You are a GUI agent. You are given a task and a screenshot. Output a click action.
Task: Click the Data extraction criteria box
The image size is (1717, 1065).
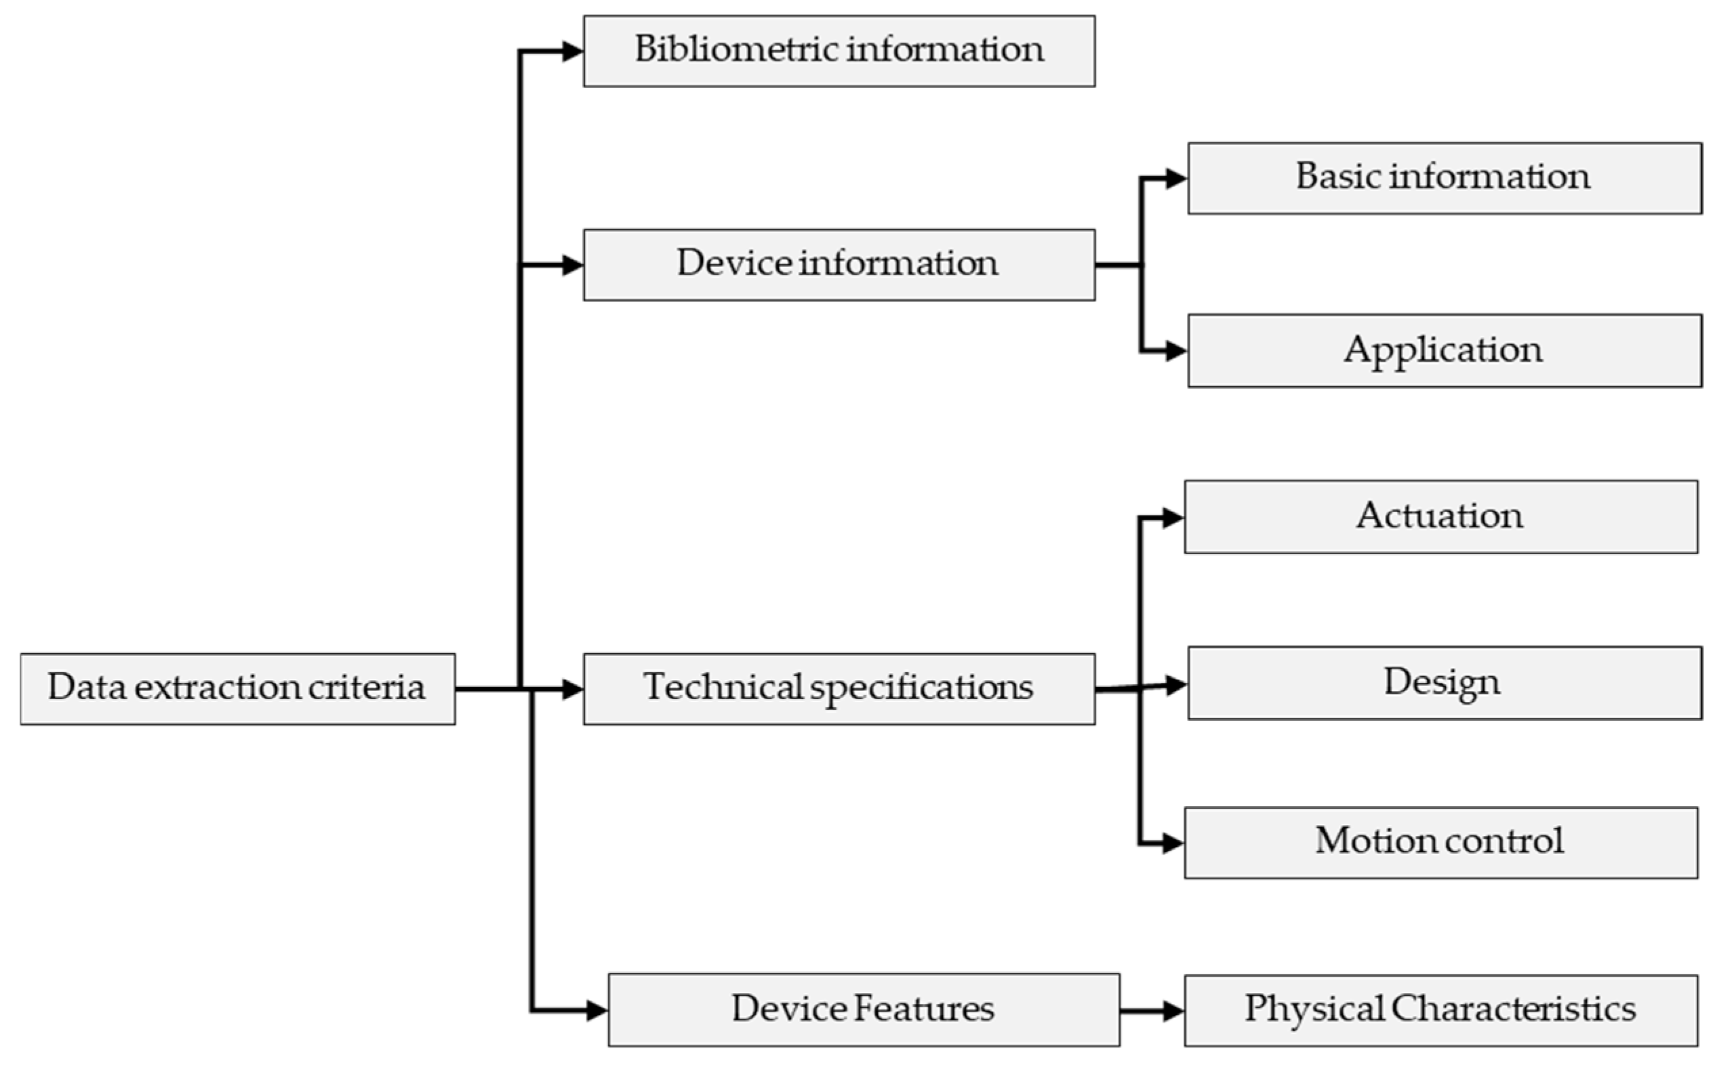coord(237,689)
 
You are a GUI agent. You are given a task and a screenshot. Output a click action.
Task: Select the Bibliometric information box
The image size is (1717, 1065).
coord(839,51)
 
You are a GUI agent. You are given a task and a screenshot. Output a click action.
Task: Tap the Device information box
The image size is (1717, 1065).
coord(839,265)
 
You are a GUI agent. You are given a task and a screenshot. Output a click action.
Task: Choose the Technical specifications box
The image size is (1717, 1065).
coord(839,689)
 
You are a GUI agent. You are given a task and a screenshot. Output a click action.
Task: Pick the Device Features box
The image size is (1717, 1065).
coord(863,1010)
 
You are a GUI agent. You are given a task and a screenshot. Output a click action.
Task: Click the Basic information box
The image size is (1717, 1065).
coord(1445,178)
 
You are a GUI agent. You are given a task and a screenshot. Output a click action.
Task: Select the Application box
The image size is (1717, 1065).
coord(1445,351)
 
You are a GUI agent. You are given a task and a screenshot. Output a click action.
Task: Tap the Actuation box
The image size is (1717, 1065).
coord(1441,517)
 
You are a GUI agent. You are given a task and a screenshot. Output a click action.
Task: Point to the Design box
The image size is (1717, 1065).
coord(1445,683)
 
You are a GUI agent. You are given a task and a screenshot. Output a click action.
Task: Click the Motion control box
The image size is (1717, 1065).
coord(1441,842)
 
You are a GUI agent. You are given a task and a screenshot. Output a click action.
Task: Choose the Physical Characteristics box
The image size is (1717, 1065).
coord(1441,1010)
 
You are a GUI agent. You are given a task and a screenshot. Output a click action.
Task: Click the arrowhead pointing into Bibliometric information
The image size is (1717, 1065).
coord(573,51)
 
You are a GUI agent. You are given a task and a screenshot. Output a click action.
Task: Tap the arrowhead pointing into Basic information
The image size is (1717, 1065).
coord(1177,178)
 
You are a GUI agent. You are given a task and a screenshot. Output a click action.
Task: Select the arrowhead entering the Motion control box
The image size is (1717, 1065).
coord(1173,843)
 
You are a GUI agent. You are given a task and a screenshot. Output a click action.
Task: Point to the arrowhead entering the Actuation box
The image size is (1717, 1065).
coord(1173,518)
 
